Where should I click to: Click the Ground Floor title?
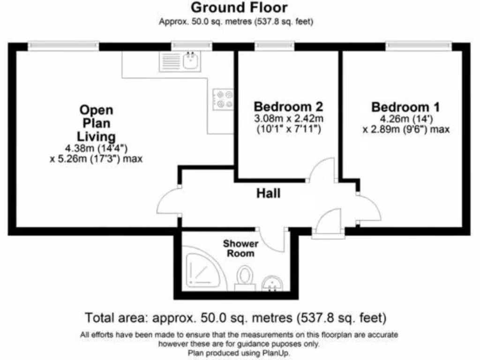pyautogui.click(x=239, y=8)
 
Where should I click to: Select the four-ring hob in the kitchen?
pyautogui.click(x=223, y=99)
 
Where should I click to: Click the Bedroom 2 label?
pyautogui.click(x=288, y=106)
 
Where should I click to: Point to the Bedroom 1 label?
pyautogui.click(x=406, y=107)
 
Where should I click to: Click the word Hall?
pyautogui.click(x=269, y=193)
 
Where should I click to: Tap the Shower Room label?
pyautogui.click(x=240, y=248)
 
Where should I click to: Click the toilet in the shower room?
pyautogui.click(x=245, y=278)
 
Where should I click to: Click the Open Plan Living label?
pyautogui.click(x=96, y=123)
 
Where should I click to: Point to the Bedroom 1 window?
pyautogui.click(x=419, y=46)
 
